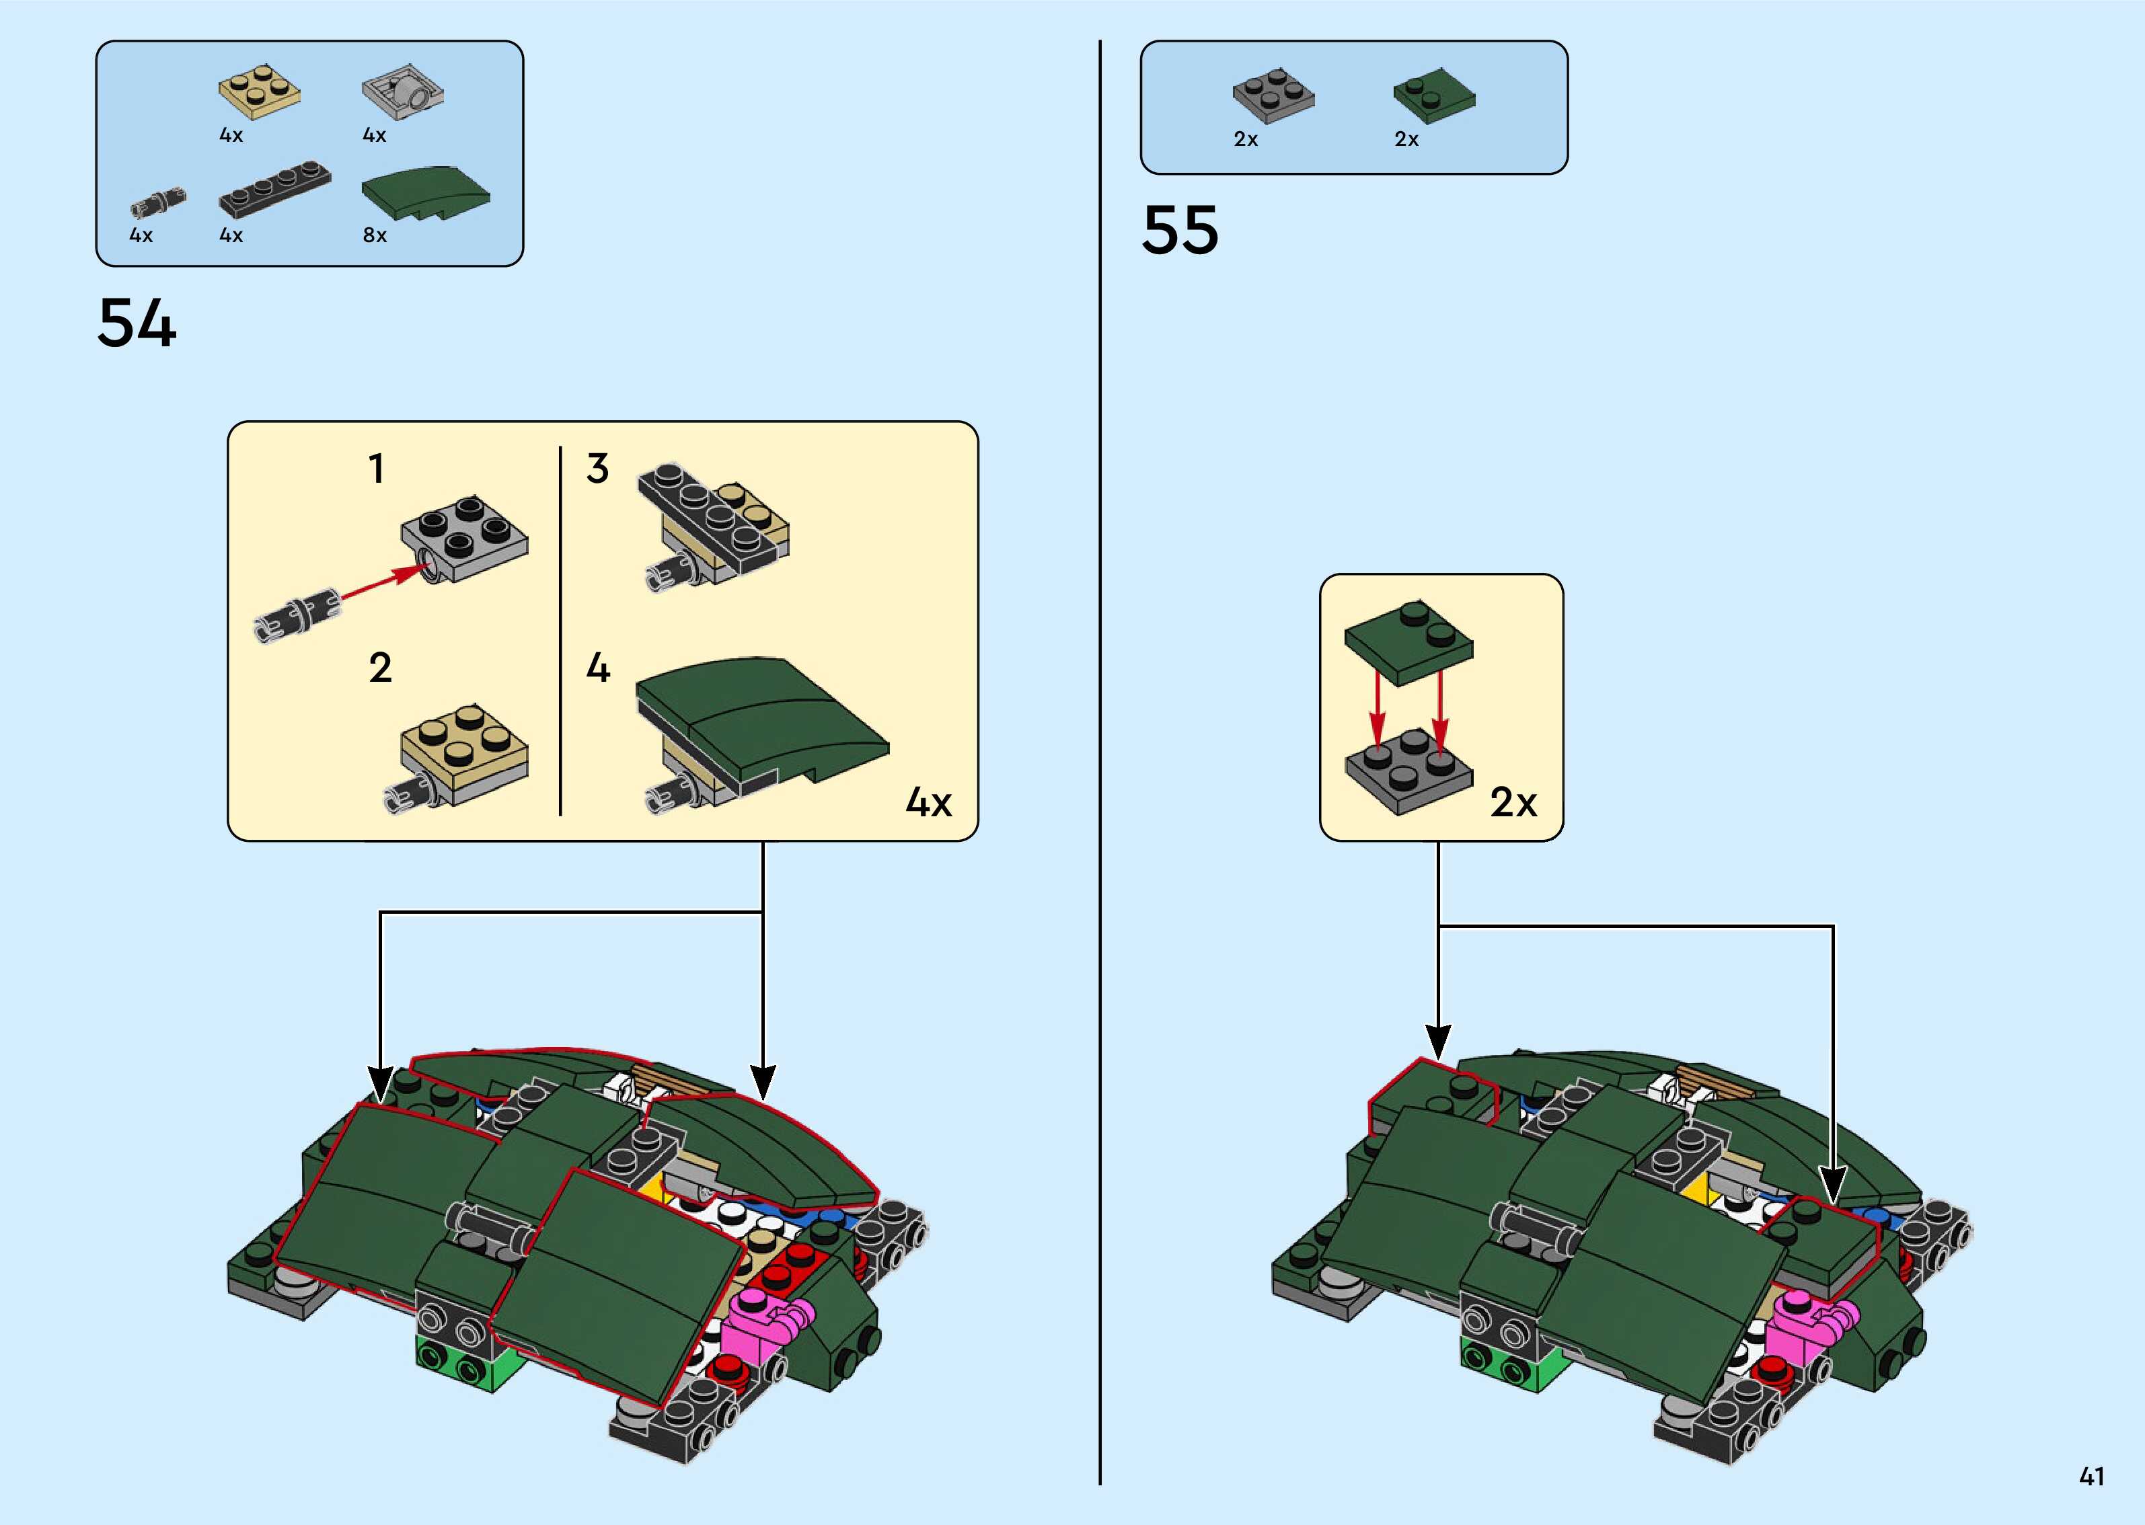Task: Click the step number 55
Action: click(1180, 230)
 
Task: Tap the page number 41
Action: click(2091, 1477)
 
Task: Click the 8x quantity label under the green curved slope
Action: click(375, 235)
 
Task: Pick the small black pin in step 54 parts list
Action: click(158, 201)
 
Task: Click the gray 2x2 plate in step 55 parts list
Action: click(1273, 95)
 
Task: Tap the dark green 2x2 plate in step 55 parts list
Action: click(1434, 95)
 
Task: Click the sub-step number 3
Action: click(597, 469)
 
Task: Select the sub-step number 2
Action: click(380, 668)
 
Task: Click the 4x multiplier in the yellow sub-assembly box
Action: click(928, 803)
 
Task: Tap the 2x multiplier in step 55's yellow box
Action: click(1513, 803)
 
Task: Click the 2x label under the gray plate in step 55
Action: click(1245, 139)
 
